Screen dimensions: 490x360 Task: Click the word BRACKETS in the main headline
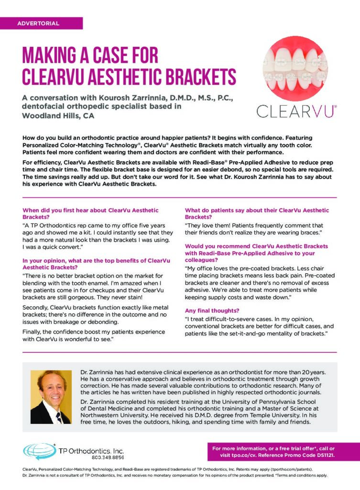[196, 77]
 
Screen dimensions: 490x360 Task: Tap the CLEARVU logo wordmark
[296, 111]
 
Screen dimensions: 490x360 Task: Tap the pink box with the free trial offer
[283, 452]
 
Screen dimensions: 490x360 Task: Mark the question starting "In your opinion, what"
[96, 264]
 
